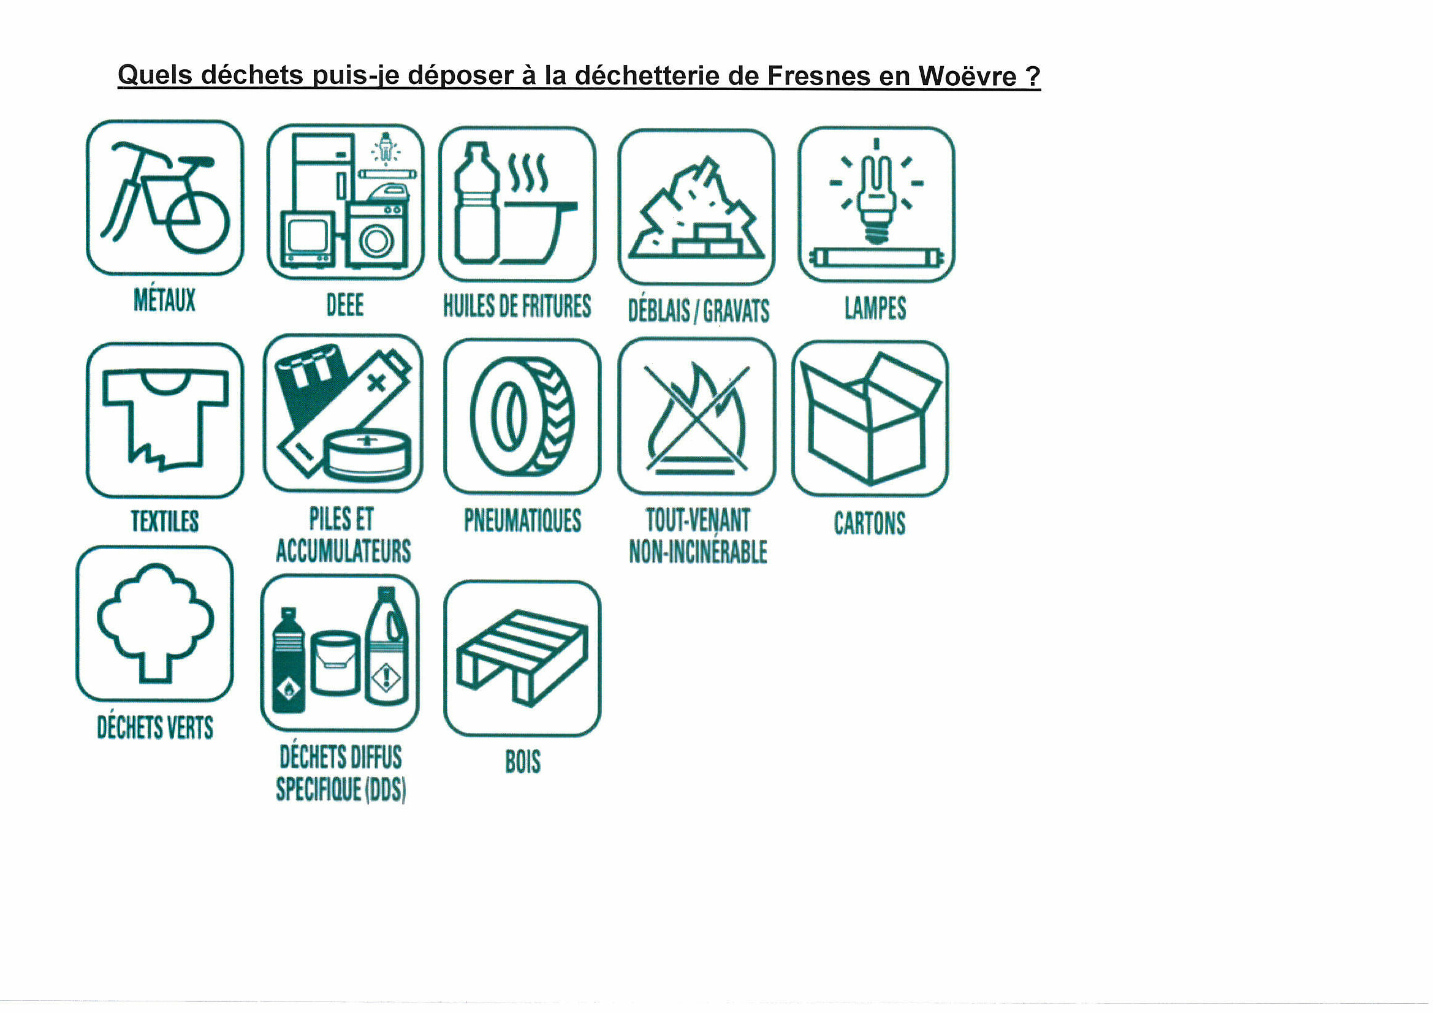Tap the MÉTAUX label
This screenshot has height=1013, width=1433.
click(x=165, y=300)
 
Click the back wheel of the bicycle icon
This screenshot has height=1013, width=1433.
click(x=198, y=222)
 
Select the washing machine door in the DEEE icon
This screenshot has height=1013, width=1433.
click(x=376, y=241)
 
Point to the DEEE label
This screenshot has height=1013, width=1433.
click(x=345, y=305)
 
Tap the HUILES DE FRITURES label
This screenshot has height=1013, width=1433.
click(x=517, y=306)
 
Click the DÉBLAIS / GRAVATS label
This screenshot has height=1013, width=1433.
click(x=698, y=311)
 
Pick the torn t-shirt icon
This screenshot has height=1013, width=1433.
click(x=165, y=418)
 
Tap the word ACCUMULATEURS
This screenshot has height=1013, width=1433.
click(x=343, y=550)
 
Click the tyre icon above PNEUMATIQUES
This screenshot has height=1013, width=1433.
click(x=522, y=416)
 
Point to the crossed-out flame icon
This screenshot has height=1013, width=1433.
click(x=697, y=417)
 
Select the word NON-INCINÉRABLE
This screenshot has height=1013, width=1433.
click(x=697, y=552)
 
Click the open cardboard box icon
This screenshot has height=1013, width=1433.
click(x=870, y=419)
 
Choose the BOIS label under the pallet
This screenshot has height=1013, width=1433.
click(x=523, y=762)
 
